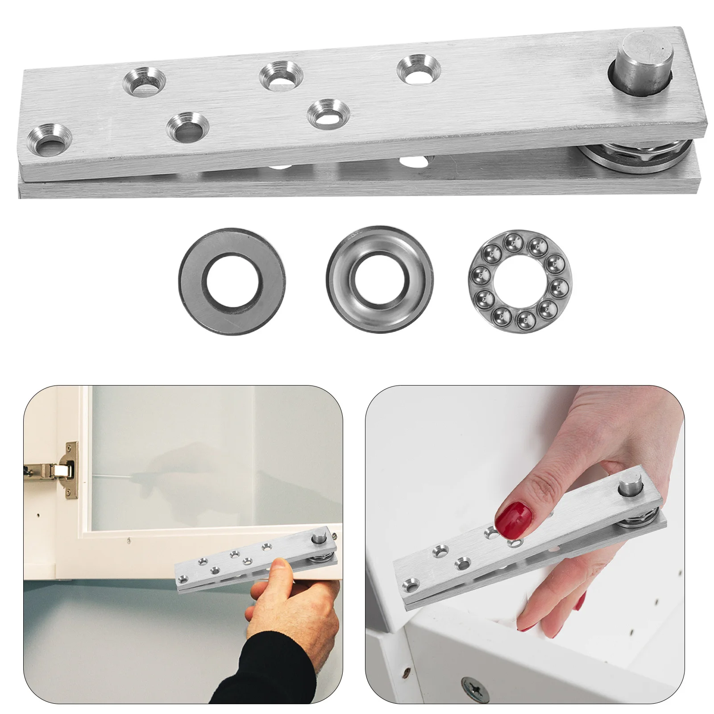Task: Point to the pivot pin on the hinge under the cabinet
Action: pos(320,538)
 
